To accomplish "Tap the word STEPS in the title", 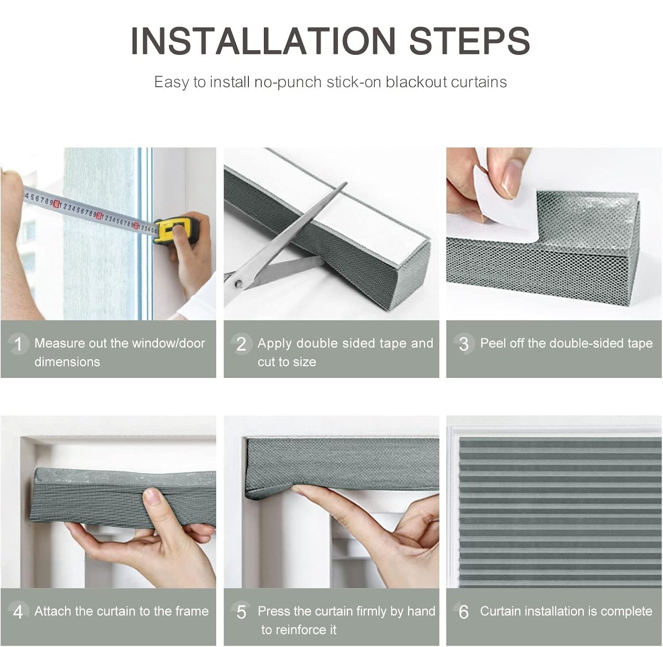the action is [x=469, y=41].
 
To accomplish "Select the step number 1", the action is [x=18, y=344].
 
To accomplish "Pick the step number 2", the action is [x=241, y=344].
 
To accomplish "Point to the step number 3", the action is [x=464, y=344].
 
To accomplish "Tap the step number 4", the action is [x=18, y=612].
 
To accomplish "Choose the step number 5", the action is [x=241, y=612].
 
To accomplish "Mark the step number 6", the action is [x=464, y=612].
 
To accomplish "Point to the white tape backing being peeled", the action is [x=504, y=203].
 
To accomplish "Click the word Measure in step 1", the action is [x=60, y=343].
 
